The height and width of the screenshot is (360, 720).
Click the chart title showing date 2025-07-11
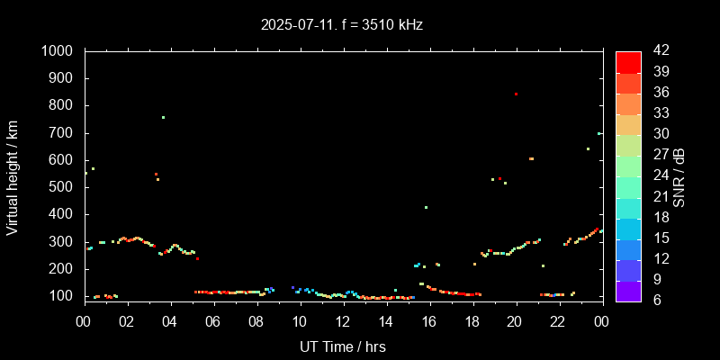[x=342, y=24]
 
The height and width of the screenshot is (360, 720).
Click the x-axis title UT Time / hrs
[x=342, y=346]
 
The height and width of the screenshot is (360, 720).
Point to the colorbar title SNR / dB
[x=679, y=175]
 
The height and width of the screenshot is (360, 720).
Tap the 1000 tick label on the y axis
[x=59, y=52]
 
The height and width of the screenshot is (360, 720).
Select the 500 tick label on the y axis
[x=64, y=187]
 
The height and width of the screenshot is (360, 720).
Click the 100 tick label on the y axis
[x=64, y=296]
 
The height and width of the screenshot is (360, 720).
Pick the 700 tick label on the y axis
[x=64, y=133]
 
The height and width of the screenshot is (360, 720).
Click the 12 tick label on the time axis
[x=343, y=321]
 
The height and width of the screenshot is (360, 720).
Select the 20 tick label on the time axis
[x=515, y=321]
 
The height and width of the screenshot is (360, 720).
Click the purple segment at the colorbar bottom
[x=628, y=291]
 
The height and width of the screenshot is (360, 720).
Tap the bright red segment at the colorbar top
[x=628, y=61]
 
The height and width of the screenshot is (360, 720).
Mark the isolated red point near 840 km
[x=516, y=94]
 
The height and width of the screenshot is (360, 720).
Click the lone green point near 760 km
[x=163, y=117]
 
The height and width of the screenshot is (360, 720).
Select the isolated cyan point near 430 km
[x=426, y=207]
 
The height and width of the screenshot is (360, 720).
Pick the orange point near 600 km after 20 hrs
[x=531, y=158]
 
